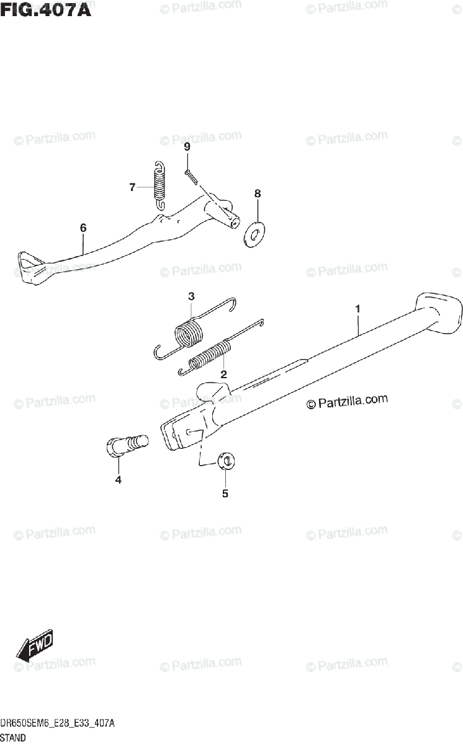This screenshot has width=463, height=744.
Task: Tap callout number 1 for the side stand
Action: click(x=357, y=308)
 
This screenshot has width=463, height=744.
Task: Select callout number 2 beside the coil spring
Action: click(x=223, y=374)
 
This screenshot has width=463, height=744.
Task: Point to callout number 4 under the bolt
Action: click(x=118, y=479)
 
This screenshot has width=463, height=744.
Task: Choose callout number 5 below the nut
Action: click(x=225, y=494)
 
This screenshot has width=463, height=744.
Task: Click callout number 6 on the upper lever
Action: click(x=83, y=228)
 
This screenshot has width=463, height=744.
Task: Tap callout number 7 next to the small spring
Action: click(x=132, y=187)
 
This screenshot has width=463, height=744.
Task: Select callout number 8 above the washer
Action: click(x=258, y=194)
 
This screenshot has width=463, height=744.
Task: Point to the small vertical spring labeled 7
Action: click(x=160, y=184)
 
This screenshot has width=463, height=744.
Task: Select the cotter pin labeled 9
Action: click(x=190, y=177)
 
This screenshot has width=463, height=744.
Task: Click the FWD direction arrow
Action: click(x=35, y=647)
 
